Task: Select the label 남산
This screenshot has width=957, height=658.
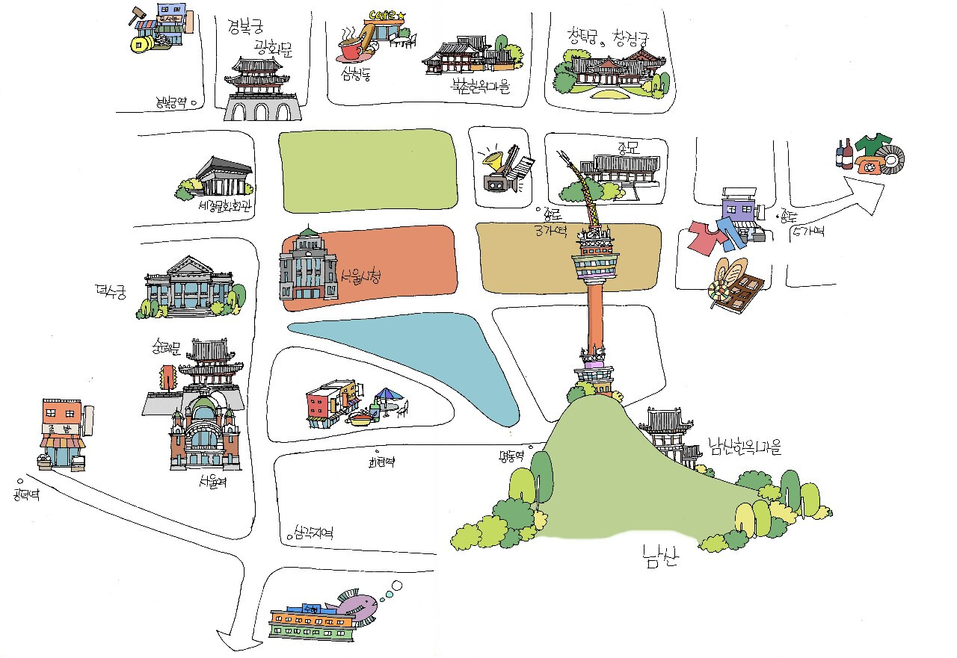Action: coord(660,556)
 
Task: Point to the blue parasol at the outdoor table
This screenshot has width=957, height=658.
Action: coord(387,394)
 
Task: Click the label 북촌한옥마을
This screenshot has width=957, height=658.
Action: coord(479,87)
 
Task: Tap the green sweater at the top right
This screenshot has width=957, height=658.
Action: coord(873,143)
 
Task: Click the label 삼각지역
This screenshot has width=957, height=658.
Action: coord(313,533)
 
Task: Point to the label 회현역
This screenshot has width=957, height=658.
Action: coord(381,462)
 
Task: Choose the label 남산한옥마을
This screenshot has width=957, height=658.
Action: coord(744,448)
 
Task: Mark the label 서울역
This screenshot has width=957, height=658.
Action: coord(213,482)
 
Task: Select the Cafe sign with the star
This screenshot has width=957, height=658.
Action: coord(387,15)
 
